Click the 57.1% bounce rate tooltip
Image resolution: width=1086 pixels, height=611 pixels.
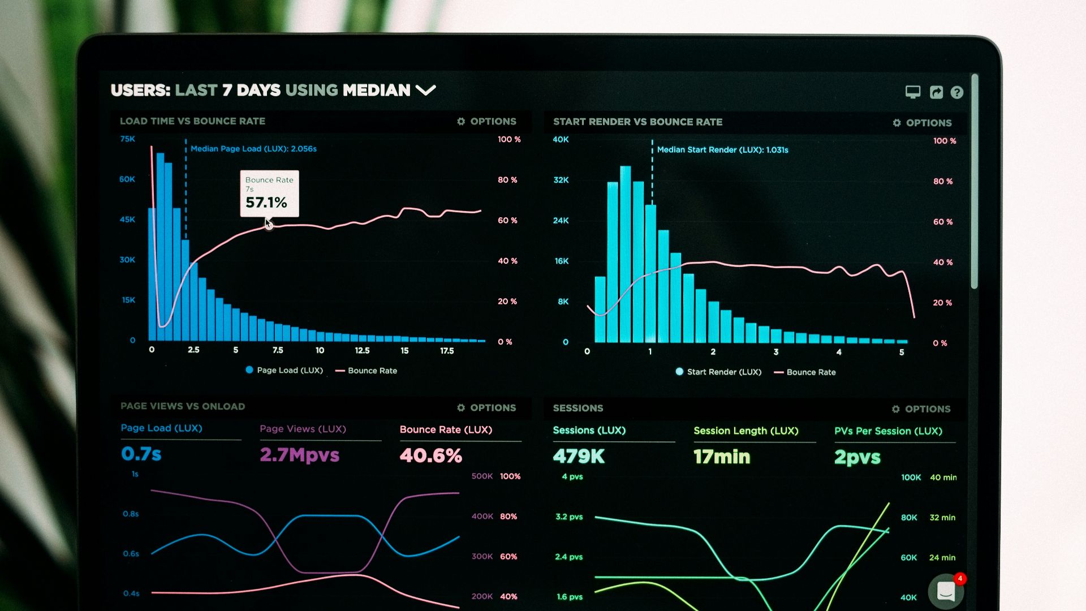click(269, 193)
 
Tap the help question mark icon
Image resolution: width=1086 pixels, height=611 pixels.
click(956, 92)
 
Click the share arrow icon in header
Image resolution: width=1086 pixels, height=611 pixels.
click(936, 92)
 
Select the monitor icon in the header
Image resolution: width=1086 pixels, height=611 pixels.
click(913, 92)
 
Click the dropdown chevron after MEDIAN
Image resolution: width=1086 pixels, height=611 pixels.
click(425, 90)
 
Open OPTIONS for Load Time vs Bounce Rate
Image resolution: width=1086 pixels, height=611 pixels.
click(486, 122)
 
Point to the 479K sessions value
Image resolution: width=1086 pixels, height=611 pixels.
click(579, 456)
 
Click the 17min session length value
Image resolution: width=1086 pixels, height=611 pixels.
click(722, 457)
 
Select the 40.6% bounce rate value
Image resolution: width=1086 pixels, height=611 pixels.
click(430, 455)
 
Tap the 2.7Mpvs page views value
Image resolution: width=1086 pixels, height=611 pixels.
click(299, 455)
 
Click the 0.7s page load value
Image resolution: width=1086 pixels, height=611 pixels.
click(141, 454)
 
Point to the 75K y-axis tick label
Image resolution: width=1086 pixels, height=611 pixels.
click(127, 139)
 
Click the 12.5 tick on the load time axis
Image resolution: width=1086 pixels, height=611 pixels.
click(362, 351)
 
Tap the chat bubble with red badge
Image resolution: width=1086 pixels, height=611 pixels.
click(946, 591)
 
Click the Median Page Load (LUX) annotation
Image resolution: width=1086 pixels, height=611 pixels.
click(253, 149)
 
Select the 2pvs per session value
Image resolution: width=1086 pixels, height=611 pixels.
click(857, 457)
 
